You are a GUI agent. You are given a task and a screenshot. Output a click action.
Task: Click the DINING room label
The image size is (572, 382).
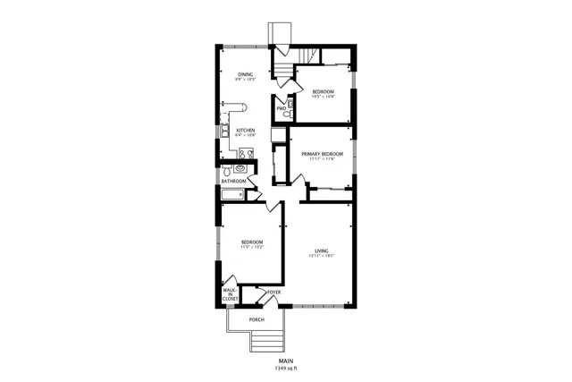(246, 74)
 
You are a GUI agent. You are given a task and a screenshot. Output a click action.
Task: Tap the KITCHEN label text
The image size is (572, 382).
(246, 131)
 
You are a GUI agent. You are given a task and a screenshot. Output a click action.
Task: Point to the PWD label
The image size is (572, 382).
(281, 109)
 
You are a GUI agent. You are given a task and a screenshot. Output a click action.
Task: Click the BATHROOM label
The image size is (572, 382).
(234, 181)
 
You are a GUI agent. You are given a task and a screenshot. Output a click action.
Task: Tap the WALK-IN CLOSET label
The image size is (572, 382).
(230, 294)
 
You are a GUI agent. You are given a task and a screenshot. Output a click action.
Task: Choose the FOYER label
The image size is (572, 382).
(273, 292)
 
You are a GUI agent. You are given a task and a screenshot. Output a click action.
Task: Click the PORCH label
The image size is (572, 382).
(257, 318)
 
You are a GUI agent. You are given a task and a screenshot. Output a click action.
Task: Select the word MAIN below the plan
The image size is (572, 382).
(285, 361)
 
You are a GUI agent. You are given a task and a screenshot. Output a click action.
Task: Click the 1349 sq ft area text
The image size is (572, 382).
(285, 368)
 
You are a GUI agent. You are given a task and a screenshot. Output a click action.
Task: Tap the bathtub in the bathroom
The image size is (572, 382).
(234, 193)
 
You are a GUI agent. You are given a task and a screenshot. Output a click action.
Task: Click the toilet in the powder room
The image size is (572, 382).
(287, 115)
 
